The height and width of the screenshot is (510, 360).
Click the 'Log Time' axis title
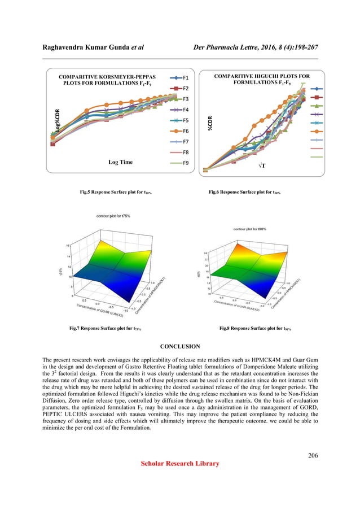pyautogui.click(x=120, y=162)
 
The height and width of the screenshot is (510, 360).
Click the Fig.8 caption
pyautogui.click(x=256, y=328)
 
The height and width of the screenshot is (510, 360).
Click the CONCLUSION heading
pyautogui.click(x=180, y=347)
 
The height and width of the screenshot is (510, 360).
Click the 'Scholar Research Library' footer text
pyautogui.click(x=180, y=464)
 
